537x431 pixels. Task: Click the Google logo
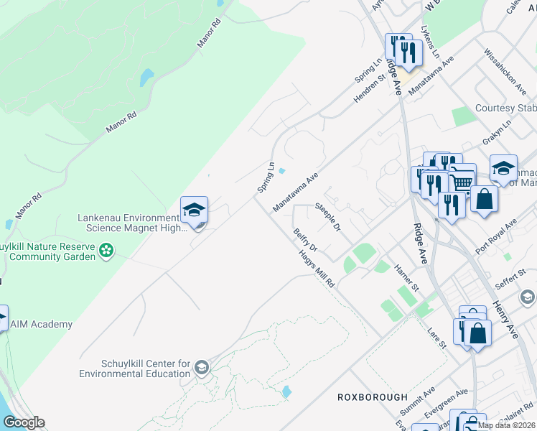(x=24, y=422)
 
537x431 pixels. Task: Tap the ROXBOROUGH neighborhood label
(x=373, y=397)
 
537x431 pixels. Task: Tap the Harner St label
(x=406, y=277)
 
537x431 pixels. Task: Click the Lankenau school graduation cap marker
(x=194, y=210)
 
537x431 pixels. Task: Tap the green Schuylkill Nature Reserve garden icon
(x=106, y=251)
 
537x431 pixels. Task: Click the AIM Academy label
(x=41, y=324)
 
